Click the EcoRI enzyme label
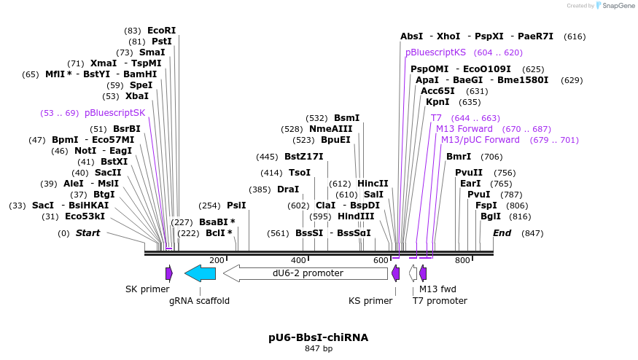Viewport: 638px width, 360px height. coord(161,31)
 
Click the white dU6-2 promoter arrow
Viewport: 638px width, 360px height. coord(306,273)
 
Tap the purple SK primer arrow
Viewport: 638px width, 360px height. coord(169,273)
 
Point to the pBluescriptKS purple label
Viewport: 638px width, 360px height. coord(435,52)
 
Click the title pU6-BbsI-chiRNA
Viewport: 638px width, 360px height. coord(319,337)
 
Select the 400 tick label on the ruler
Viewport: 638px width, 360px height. coord(298,260)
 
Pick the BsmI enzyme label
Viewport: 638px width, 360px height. coord(346,118)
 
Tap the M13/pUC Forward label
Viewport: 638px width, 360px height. coord(480,140)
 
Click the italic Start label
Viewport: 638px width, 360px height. coord(87,233)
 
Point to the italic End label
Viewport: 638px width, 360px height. coord(502,233)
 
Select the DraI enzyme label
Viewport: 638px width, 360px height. coord(288,189)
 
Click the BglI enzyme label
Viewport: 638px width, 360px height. coord(490,216)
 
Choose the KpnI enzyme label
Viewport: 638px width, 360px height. coord(437,102)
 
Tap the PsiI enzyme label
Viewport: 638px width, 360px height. coord(236,206)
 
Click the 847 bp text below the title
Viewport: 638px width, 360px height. coord(319,349)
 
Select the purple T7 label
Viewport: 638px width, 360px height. coord(436,118)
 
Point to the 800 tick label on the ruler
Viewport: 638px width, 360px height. coord(462,260)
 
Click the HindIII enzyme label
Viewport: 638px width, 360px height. coord(356,216)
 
